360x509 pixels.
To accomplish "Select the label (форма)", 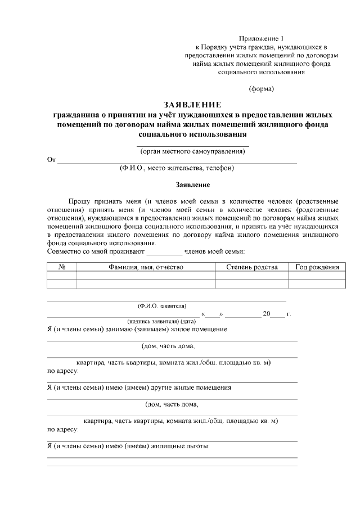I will coord(262,89).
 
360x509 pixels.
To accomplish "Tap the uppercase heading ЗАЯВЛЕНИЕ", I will coord(192,105).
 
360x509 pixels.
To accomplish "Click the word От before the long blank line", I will coord(51,160).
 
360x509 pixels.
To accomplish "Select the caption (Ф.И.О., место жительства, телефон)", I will coord(177,168).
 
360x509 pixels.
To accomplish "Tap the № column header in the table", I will coord(62,267).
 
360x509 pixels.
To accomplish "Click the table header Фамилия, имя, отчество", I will coord(146,267).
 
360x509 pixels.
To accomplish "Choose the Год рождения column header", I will coord(317,267).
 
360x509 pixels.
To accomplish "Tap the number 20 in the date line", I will coord(267,314).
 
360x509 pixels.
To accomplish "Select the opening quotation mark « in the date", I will coord(203,314).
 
